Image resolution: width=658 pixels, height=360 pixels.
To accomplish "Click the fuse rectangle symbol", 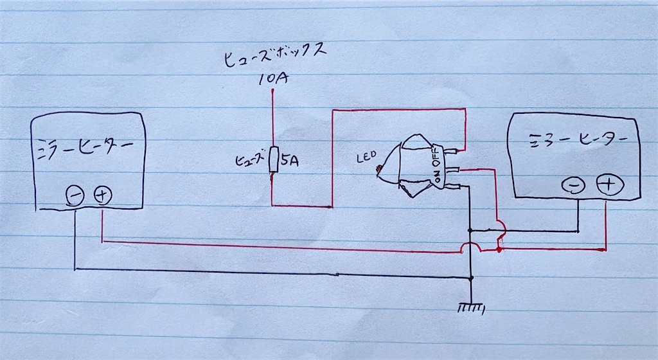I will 273,159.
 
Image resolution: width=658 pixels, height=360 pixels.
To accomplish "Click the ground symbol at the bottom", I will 472,309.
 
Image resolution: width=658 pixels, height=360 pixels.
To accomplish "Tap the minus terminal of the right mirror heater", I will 573,186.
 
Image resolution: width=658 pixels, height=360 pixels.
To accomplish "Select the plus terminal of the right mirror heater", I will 608,184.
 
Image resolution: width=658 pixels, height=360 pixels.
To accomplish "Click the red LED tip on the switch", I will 379,170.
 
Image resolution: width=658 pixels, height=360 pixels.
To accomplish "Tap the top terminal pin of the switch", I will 455,152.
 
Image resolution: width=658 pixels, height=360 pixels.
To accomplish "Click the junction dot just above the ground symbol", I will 472,278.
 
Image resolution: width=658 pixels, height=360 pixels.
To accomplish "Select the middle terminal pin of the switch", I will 456,169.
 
